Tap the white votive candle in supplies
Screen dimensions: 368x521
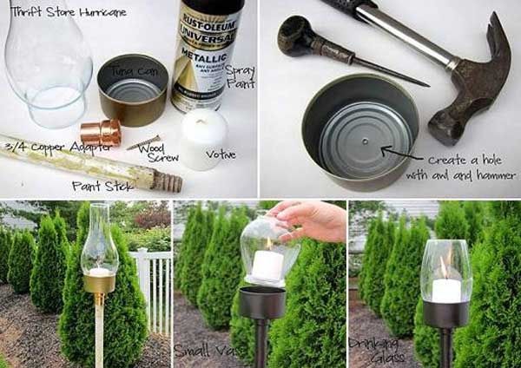pos(204,139)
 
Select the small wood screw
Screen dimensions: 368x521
pos(144,141)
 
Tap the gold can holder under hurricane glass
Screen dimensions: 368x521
pos(99,282)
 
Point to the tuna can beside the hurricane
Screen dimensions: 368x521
pos(131,91)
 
